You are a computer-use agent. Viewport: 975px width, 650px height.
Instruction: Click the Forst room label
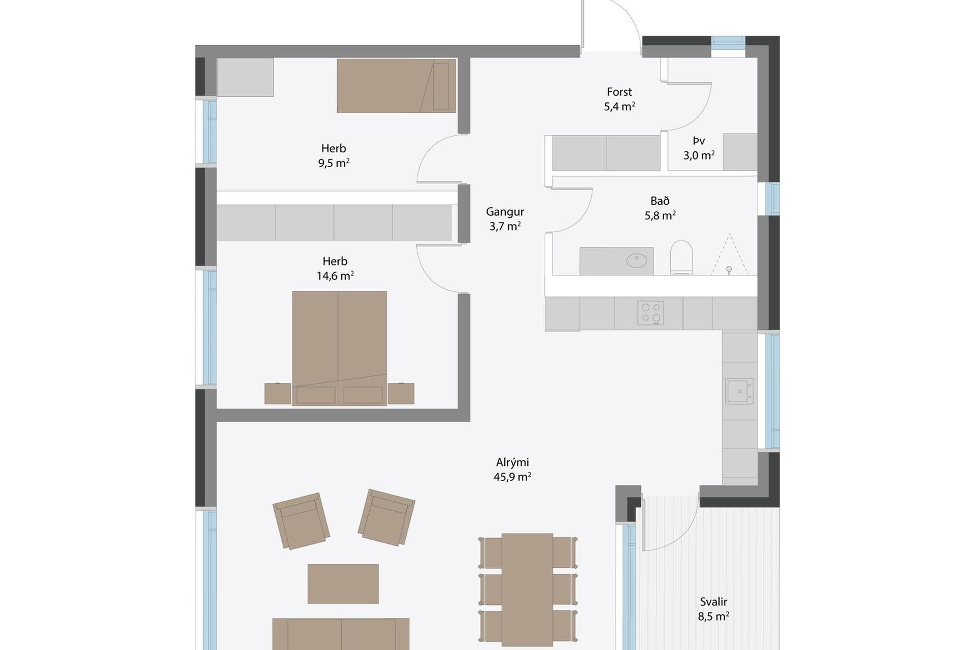tap(619, 99)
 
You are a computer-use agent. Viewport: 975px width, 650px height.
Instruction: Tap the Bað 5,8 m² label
tap(660, 208)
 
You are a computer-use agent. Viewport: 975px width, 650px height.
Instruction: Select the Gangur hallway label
tap(505, 219)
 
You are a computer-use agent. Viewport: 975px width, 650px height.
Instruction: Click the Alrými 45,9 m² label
tap(512, 469)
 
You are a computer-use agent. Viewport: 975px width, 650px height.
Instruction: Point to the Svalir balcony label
tap(713, 609)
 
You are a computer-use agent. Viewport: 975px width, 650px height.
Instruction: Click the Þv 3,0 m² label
tap(699, 148)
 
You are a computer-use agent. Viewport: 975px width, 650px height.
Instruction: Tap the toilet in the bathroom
tap(681, 257)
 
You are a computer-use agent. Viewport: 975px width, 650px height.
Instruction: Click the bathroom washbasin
tap(636, 261)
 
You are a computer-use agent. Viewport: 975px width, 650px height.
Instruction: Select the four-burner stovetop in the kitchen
tap(651, 313)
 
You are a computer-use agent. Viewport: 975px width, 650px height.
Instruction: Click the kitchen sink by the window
tap(739, 391)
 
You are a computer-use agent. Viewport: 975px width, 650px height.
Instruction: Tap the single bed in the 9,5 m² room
tap(396, 85)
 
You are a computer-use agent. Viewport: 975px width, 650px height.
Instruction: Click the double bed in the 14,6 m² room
tap(339, 348)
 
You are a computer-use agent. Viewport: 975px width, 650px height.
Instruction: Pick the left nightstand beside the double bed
tap(278, 394)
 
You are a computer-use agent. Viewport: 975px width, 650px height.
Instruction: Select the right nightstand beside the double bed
tap(401, 394)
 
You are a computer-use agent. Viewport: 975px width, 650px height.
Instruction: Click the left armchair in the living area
tap(301, 521)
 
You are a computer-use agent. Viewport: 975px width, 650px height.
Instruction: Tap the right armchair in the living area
tap(386, 517)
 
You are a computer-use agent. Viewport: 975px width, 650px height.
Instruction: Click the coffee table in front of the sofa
tap(343, 583)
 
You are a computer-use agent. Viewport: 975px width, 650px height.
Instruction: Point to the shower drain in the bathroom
tap(729, 269)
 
